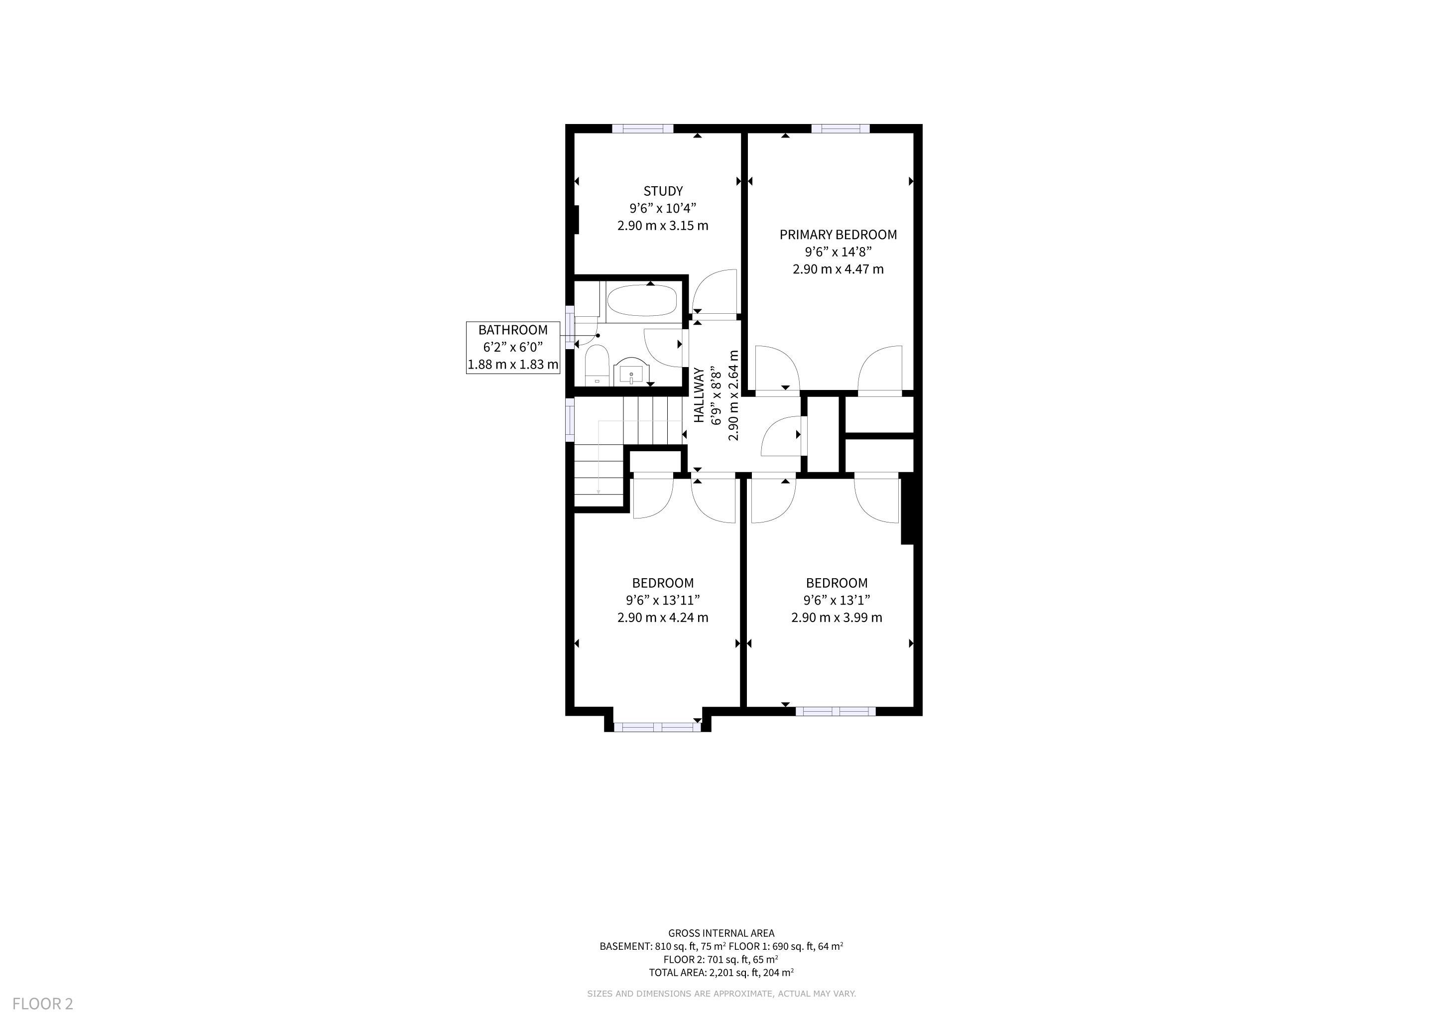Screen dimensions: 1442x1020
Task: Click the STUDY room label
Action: click(x=663, y=191)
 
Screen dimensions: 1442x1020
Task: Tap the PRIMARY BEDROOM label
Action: click(x=838, y=235)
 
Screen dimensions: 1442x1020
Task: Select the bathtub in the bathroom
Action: click(x=641, y=301)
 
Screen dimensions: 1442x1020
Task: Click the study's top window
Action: click(x=642, y=129)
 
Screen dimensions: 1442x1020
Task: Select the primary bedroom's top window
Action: click(x=841, y=129)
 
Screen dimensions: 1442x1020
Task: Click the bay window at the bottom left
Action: click(x=657, y=727)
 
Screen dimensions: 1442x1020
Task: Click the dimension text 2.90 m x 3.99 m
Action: click(x=837, y=618)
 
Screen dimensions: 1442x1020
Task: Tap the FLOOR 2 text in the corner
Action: click(x=43, y=1004)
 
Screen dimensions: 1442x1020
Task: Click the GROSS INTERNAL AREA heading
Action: click(x=721, y=934)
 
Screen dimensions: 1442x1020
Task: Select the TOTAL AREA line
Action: click(x=721, y=973)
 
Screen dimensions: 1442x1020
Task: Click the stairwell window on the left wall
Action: click(x=570, y=419)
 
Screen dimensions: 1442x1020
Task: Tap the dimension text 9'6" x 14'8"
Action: click(x=838, y=253)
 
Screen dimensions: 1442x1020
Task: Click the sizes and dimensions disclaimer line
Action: click(x=721, y=994)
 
